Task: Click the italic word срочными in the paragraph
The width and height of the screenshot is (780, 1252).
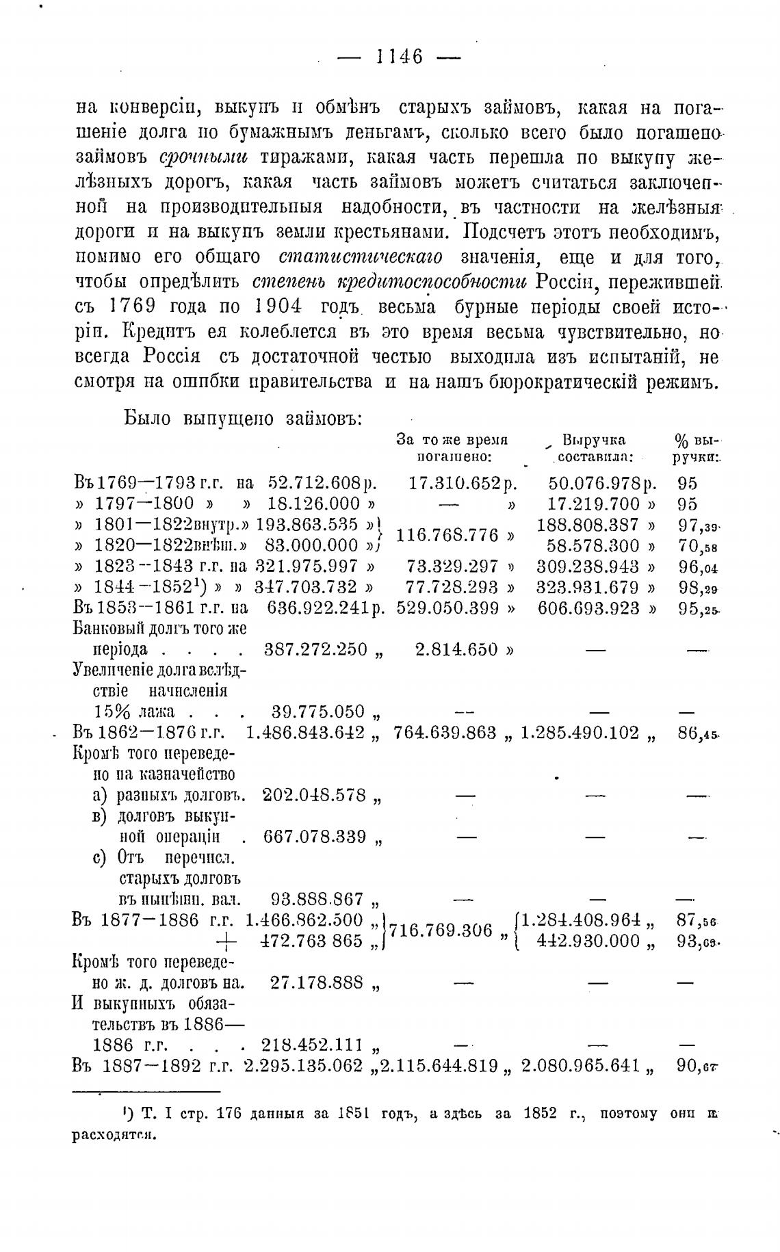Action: pyautogui.click(x=203, y=157)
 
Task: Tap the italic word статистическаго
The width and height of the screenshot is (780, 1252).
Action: pyautogui.click(x=360, y=257)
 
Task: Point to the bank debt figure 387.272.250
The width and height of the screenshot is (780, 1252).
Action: pyautogui.click(x=315, y=650)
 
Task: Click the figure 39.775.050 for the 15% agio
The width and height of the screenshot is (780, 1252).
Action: pyautogui.click(x=318, y=712)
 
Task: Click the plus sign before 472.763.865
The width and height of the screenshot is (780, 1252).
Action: pyautogui.click(x=225, y=941)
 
